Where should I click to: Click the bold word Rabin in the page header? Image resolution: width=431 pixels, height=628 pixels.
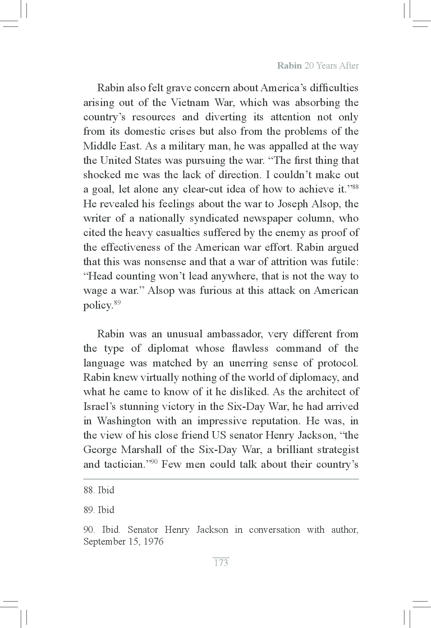click(289, 66)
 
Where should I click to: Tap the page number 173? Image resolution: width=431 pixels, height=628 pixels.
click(221, 563)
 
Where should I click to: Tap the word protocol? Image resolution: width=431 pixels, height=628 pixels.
click(338, 363)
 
